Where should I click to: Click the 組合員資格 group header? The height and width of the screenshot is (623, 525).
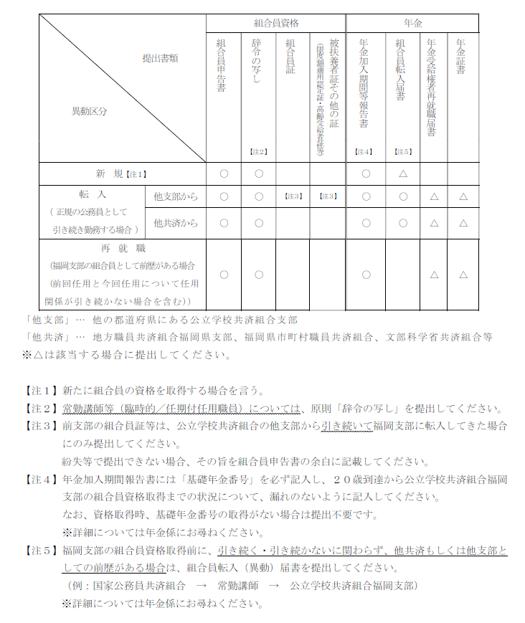point(275,23)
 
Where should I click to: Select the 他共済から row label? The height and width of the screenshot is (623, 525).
point(175,223)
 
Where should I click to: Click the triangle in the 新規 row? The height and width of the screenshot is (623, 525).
point(403,173)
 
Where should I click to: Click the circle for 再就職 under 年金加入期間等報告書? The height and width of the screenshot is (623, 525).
point(366,275)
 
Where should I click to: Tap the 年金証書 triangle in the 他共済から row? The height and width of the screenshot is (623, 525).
point(463,223)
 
